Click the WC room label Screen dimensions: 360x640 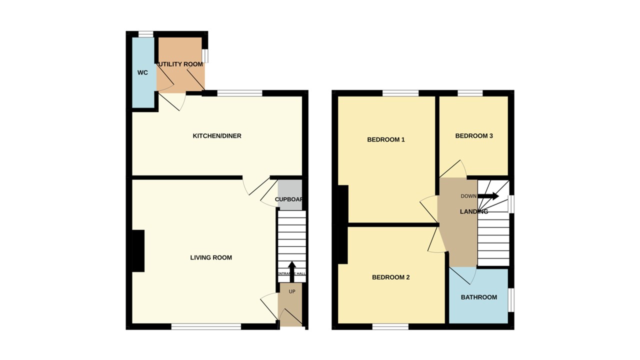pyautogui.click(x=142, y=73)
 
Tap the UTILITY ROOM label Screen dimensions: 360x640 pyautogui.click(x=180, y=64)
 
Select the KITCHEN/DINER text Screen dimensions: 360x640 pyautogui.click(x=217, y=136)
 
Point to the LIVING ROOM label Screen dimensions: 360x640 pyautogui.click(x=211, y=258)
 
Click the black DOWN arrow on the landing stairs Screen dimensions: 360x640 pyautogui.click(x=488, y=196)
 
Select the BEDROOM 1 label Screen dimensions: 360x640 pyautogui.click(x=385, y=140)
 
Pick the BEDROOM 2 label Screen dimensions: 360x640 pyautogui.click(x=390, y=277)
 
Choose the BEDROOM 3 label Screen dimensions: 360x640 pyautogui.click(x=474, y=136)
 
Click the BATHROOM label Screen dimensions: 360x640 pyautogui.click(x=478, y=297)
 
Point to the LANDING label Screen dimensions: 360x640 pyautogui.click(x=473, y=212)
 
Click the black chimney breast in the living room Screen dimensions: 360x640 pyautogui.click(x=138, y=251)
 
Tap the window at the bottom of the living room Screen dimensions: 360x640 pyautogui.click(x=206, y=326)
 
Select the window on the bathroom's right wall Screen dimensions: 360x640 pyautogui.click(x=511, y=300)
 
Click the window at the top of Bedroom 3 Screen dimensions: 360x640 pyautogui.click(x=470, y=93)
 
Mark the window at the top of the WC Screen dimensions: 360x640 pyautogui.click(x=145, y=34)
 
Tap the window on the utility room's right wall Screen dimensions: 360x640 pyautogui.click(x=205, y=55)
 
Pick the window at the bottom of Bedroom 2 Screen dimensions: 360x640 pyautogui.click(x=390, y=326)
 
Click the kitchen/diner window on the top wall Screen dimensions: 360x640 pyautogui.click(x=239, y=93)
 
